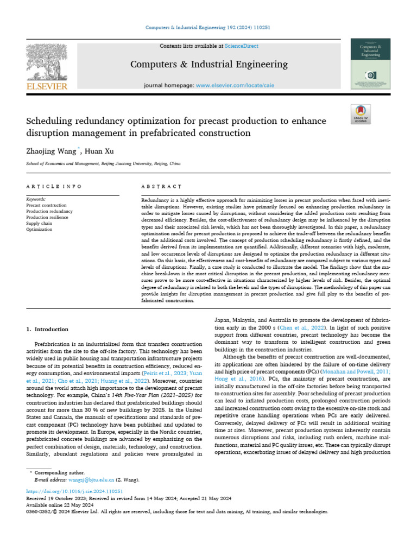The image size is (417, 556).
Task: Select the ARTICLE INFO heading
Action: click(54, 186)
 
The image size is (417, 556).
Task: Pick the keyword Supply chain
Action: click(40, 223)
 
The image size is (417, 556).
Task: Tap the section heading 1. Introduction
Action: click(47, 329)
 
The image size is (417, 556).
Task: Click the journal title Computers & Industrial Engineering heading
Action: click(208, 65)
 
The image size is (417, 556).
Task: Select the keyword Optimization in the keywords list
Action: click(40, 229)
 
